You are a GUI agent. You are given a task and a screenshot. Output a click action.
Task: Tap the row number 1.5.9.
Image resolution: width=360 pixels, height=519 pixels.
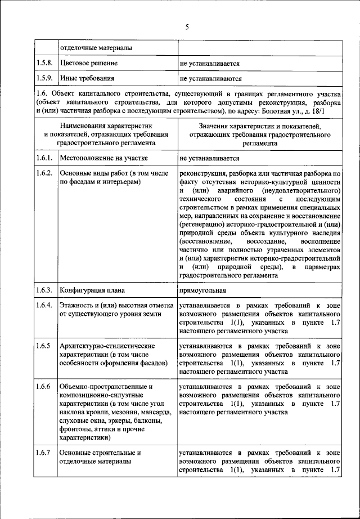coord(44,79)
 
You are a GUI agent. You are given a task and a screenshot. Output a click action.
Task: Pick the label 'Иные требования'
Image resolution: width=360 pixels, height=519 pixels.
coord(87,79)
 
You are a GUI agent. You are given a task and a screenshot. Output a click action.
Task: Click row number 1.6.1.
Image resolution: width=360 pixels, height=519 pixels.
coord(44,159)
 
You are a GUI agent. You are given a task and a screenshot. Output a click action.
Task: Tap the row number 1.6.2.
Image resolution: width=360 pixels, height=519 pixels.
coord(44,173)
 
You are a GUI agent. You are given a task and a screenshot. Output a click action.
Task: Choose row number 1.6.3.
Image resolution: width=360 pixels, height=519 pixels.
coord(44,290)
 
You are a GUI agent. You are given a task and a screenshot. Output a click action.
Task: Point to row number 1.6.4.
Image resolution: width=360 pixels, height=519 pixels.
coord(44,305)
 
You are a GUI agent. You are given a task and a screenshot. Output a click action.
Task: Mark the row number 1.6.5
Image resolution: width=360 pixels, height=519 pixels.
coord(43,345)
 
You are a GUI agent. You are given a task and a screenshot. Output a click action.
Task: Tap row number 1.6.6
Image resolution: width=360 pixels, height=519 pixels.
coord(43,387)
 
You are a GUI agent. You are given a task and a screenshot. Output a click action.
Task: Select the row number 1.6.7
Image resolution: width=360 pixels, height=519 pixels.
coord(43,452)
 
